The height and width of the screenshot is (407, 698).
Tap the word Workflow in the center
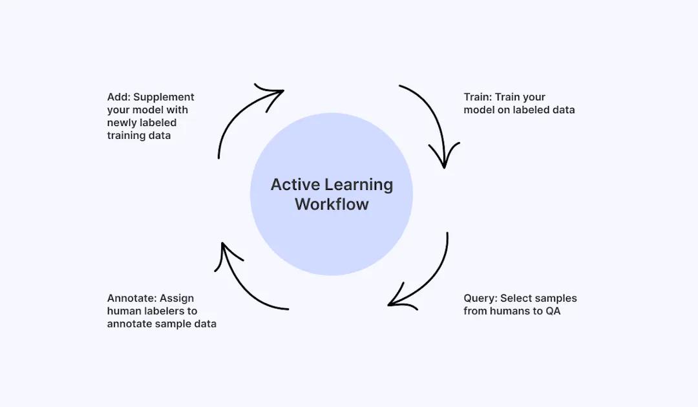click(x=332, y=204)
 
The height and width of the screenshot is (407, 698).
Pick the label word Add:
click(x=119, y=97)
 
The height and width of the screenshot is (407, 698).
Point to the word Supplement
click(x=164, y=97)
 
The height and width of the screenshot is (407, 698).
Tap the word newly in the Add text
click(x=123, y=123)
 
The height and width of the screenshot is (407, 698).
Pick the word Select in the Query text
click(x=519, y=298)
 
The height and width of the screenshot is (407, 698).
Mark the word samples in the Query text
click(x=558, y=298)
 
